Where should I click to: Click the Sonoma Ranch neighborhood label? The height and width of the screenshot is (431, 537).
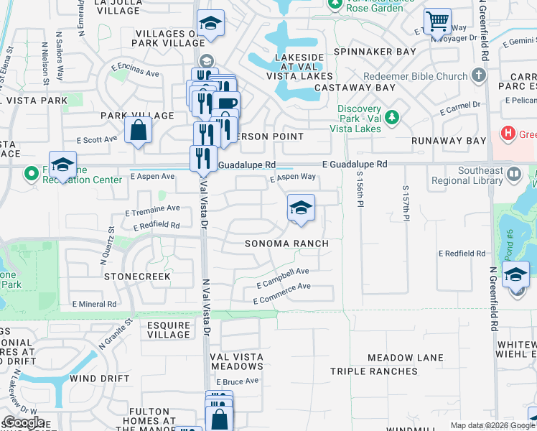point(286,244)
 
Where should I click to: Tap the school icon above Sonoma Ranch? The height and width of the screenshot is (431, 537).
point(301,208)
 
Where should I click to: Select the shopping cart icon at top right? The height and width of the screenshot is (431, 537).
point(436,21)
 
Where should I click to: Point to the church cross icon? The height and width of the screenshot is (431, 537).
point(480,75)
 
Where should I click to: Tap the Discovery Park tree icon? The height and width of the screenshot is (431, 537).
point(392,116)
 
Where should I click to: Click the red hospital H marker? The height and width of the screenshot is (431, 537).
point(508,134)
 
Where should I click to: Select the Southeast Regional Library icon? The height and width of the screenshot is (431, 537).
point(514,174)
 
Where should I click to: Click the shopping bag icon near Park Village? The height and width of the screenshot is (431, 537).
point(138,131)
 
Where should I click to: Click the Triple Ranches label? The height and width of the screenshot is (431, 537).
point(373,371)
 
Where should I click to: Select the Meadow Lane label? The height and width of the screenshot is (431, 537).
point(405,358)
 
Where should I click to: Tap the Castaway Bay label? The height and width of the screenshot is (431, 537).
point(365,88)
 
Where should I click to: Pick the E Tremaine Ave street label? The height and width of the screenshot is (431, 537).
point(152,209)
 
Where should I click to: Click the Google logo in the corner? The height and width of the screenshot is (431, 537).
point(23,422)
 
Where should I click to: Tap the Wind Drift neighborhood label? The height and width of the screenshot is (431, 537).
point(100,379)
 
